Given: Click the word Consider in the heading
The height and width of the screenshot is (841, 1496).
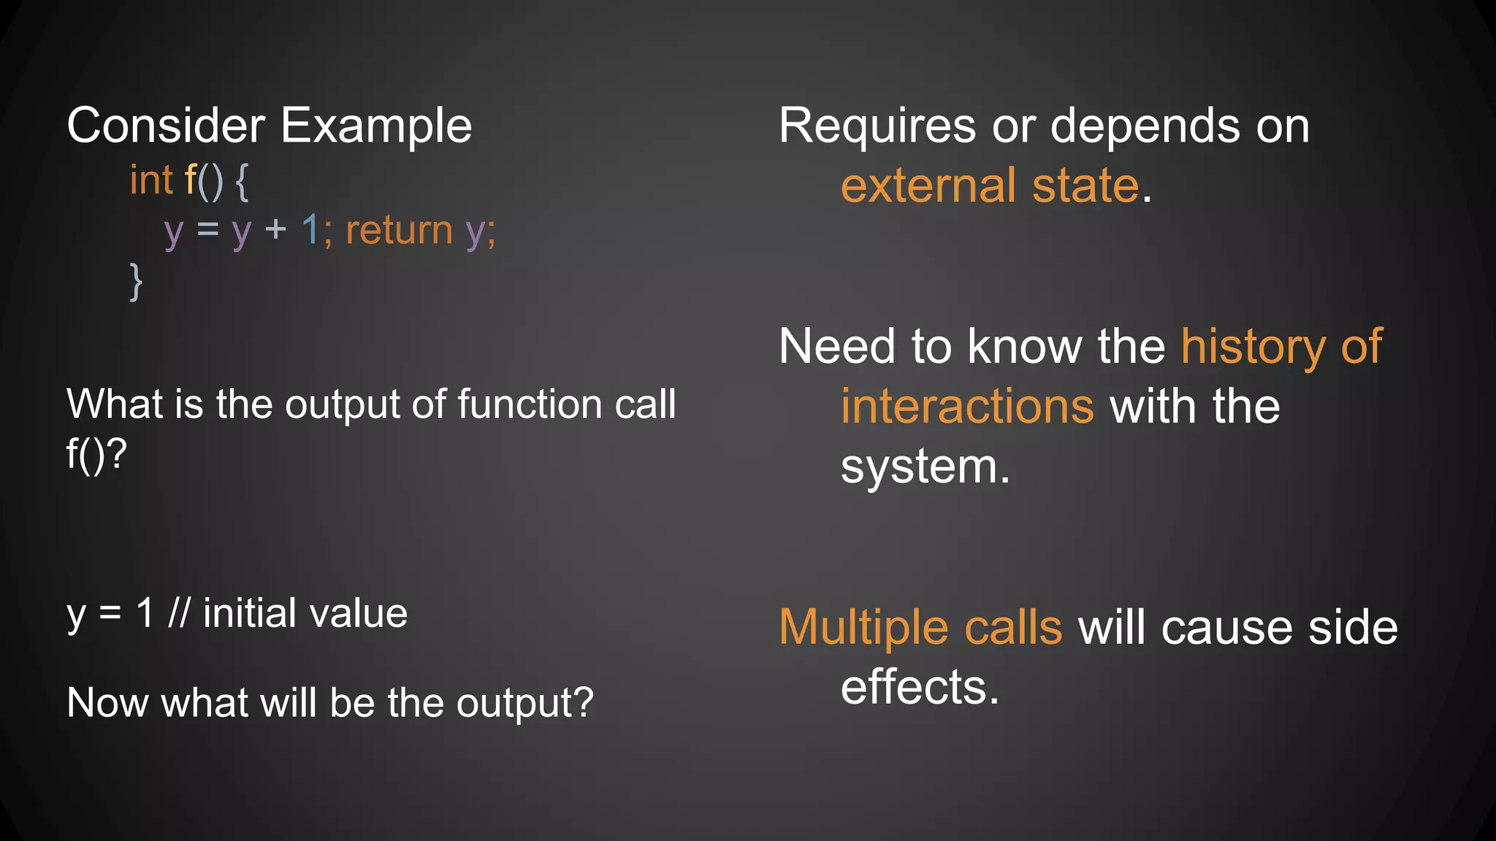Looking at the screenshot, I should click(166, 126).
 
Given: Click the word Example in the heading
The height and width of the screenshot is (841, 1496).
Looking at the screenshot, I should click(376, 126).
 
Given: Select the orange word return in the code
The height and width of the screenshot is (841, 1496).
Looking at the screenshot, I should click(400, 231).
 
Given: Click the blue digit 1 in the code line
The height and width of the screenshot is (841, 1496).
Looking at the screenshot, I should click(310, 231).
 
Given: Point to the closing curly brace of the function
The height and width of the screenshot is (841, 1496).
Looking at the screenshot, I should click(136, 282).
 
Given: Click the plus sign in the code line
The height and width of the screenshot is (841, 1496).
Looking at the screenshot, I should click(275, 231).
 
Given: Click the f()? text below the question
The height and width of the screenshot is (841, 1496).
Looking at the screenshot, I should click(96, 454).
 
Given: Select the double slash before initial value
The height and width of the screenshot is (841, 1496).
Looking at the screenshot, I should click(179, 613).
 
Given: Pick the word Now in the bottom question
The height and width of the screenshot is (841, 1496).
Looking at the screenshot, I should click(107, 702).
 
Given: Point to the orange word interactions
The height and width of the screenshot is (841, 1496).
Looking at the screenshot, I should click(967, 406).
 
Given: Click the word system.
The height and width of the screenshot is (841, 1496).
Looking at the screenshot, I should click(924, 466).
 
